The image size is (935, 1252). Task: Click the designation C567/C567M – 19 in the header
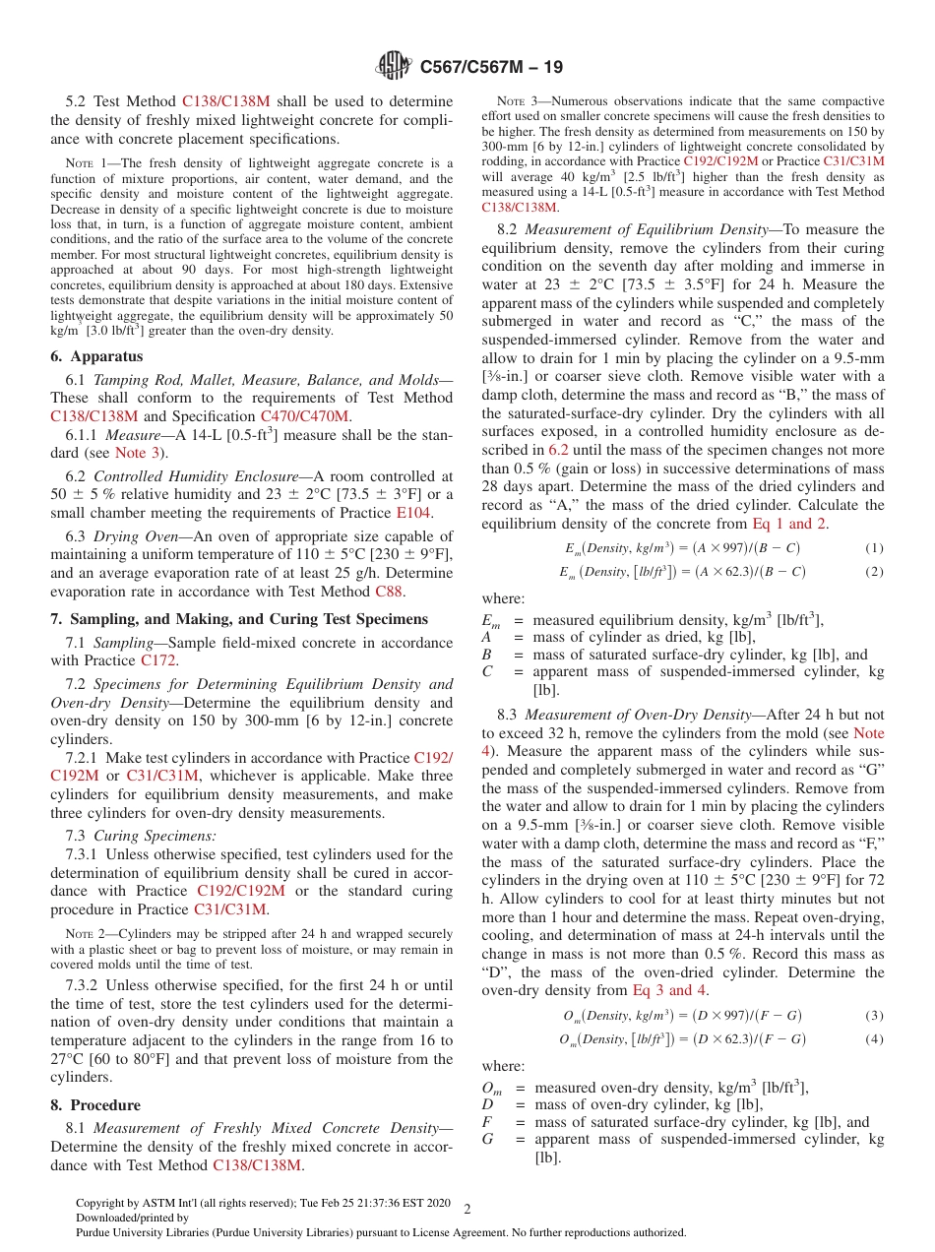(491, 68)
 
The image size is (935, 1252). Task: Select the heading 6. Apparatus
(96, 356)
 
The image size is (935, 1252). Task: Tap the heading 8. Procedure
(95, 1104)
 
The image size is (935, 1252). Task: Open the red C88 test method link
(390, 592)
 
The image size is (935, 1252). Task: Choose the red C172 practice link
(158, 660)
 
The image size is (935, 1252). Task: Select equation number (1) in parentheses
(874, 548)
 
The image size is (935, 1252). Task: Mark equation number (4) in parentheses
(874, 1039)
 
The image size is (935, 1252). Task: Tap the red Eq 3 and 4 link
(669, 990)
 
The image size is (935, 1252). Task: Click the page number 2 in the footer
(467, 1208)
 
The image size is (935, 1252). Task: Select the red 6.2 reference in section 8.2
(558, 450)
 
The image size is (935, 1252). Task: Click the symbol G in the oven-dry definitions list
(487, 1139)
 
